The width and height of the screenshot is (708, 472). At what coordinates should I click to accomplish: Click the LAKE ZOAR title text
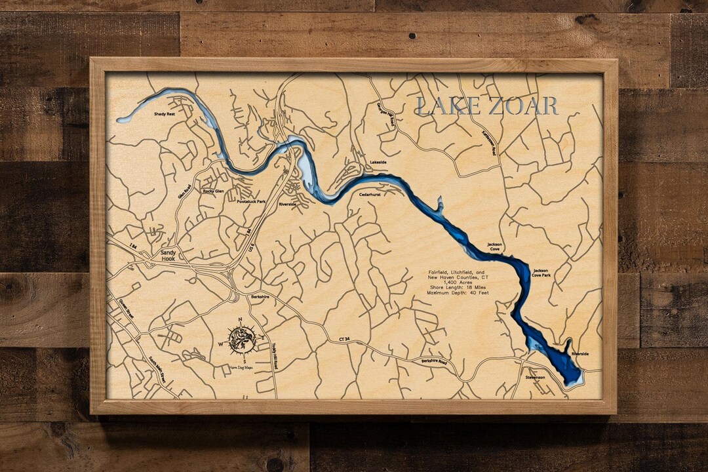[x=487, y=106]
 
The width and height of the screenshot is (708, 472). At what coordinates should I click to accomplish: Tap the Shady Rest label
[x=165, y=114]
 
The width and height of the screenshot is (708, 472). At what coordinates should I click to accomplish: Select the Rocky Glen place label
[x=213, y=191]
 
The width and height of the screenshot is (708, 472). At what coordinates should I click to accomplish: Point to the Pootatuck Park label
[x=251, y=202]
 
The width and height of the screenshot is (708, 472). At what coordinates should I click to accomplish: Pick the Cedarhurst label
[x=370, y=194]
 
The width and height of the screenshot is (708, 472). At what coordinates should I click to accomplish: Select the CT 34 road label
[x=345, y=339]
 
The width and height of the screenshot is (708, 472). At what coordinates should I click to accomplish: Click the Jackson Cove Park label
[x=541, y=273]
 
